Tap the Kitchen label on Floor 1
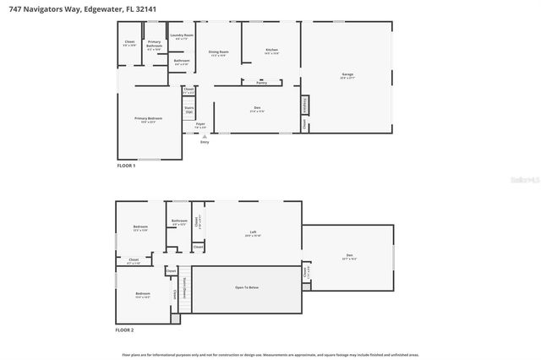[x=271, y=51]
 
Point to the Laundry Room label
[x=183, y=36]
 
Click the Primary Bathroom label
[x=155, y=43]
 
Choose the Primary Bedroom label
[x=148, y=119]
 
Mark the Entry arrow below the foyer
[x=204, y=139]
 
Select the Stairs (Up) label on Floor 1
[x=189, y=109]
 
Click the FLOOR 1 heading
[x=126, y=166]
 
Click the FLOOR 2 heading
[x=126, y=330]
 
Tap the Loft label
[x=252, y=233]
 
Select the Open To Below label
[x=247, y=288]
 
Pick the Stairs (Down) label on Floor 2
[x=186, y=287]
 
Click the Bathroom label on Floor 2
[x=178, y=222]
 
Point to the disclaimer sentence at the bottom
[x=270, y=355]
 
